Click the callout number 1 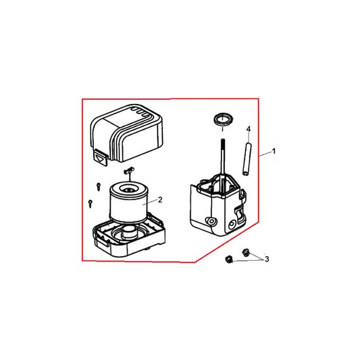coord(274,151)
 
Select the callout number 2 coord(160,200)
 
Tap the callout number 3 coord(267,259)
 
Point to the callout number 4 coord(249,129)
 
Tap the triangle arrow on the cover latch coord(100,159)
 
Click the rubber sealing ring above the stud coord(223,120)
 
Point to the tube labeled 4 coord(247,159)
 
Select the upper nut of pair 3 coord(246,253)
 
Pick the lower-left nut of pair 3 coord(229,260)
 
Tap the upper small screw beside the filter coord(98,186)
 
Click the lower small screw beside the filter coord(90,203)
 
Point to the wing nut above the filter coord(129,171)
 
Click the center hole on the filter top coord(129,190)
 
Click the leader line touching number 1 coord(266,154)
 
